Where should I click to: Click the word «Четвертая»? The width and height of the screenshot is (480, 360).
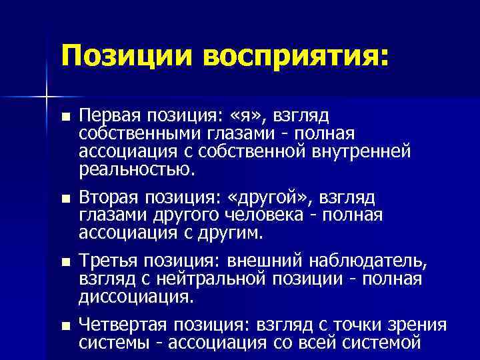point(123,325)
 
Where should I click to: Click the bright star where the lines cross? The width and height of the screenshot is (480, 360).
point(47,97)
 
